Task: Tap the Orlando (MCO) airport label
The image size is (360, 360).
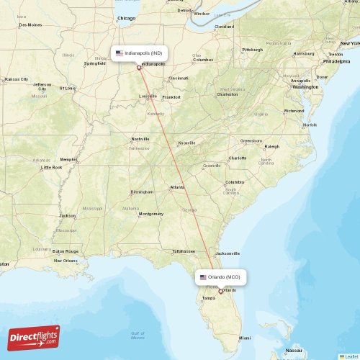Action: click(222, 277)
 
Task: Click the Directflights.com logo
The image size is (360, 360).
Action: click(34, 337)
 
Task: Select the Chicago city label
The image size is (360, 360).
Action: click(126, 17)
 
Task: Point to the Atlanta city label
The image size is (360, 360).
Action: click(176, 187)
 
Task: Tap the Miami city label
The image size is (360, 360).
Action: click(246, 338)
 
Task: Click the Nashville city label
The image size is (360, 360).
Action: click(140, 138)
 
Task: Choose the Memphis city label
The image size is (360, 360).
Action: click(69, 159)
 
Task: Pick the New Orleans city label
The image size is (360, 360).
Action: click(66, 260)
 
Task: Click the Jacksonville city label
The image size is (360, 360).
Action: click(228, 253)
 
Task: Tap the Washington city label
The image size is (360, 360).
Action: click(305, 86)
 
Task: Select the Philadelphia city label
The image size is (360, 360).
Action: click(337, 61)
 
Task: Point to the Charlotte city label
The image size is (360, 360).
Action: click(237, 158)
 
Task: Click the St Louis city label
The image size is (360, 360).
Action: click(68, 88)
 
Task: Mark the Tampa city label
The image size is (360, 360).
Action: click(209, 297)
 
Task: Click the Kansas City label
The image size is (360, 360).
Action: click(16, 78)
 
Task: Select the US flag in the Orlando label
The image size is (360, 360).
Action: click(203, 277)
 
